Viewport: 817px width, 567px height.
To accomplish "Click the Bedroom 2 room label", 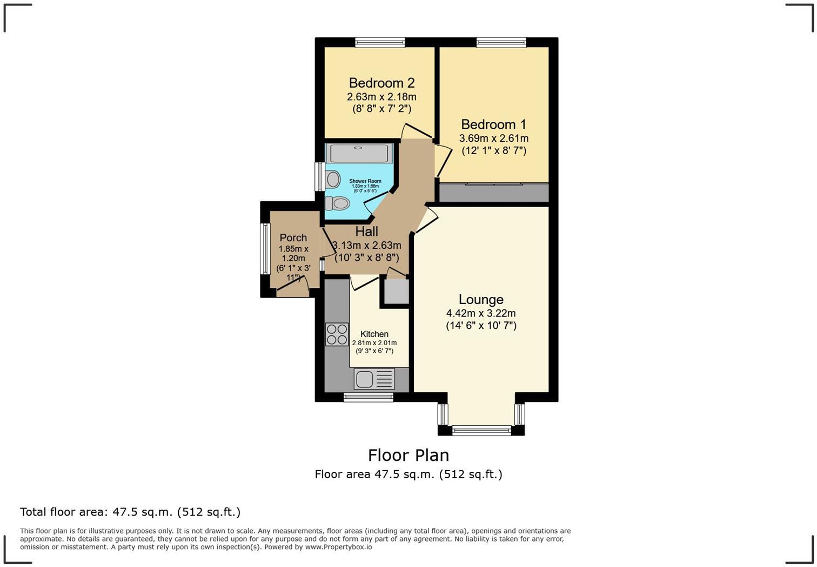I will click(x=381, y=83).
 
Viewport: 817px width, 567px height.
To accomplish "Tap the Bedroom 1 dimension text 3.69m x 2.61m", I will click(x=493, y=139).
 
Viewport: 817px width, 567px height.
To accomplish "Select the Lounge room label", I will click(x=481, y=299).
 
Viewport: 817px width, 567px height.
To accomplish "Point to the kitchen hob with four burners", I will click(x=337, y=334).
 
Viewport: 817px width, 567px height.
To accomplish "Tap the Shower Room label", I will click(x=365, y=181).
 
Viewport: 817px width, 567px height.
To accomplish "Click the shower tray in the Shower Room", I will click(x=359, y=153).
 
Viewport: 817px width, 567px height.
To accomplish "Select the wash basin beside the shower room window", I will click(x=333, y=179).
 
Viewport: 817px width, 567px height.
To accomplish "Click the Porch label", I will click(x=293, y=238).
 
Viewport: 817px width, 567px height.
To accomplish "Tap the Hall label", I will click(x=366, y=232).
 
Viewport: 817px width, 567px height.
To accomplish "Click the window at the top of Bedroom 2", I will click(x=380, y=42).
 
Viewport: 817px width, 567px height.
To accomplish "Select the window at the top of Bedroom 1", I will click(x=501, y=42).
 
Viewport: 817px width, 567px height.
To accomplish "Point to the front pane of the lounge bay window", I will click(x=481, y=431).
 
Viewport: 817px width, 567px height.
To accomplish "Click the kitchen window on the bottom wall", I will click(x=369, y=398).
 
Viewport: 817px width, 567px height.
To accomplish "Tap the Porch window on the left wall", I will click(x=265, y=249).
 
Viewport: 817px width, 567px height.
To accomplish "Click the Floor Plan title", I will click(x=408, y=455).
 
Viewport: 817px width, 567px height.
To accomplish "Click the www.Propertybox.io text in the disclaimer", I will click(x=338, y=547).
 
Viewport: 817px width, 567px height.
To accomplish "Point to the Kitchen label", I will click(x=374, y=334).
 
